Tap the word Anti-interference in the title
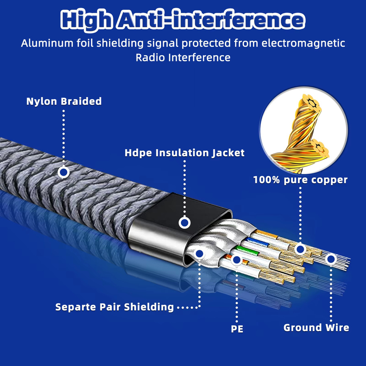click(x=211, y=20)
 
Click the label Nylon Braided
click(x=64, y=102)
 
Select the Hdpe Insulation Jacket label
click(x=184, y=153)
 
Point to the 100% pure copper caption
click(x=301, y=180)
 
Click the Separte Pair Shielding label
click(x=114, y=307)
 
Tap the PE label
click(x=237, y=329)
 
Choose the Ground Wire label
click(x=316, y=327)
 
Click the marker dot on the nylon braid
click(x=63, y=172)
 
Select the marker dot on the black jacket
click(x=185, y=223)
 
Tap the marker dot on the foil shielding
click(x=199, y=254)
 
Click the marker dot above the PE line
click(x=237, y=260)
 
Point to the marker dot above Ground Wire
click(x=331, y=259)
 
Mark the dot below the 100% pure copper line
click(x=300, y=249)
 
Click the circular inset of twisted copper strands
click(x=304, y=130)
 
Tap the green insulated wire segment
click(x=247, y=250)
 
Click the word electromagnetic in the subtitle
click(x=303, y=44)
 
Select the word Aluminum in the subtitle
click(x=47, y=44)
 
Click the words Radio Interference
click(x=183, y=57)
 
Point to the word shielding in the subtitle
click(x=120, y=44)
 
